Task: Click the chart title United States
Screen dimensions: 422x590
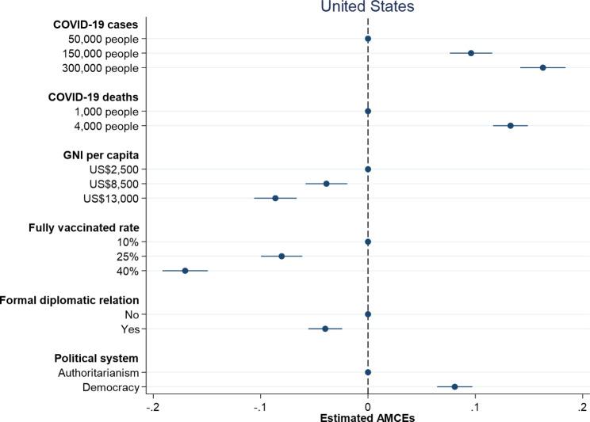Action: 367,7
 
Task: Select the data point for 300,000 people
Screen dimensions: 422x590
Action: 542,67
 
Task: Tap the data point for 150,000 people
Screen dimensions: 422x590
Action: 471,53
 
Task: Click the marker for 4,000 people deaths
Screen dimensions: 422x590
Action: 510,126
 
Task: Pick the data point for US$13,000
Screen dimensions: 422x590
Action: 275,198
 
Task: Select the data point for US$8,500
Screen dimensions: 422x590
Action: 326,184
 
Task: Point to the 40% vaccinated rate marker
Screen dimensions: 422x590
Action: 185,271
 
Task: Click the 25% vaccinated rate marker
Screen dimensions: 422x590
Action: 282,256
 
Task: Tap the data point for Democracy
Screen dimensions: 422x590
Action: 454,386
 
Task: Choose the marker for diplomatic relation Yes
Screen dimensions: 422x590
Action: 325,329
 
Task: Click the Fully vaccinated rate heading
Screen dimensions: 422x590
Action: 83,227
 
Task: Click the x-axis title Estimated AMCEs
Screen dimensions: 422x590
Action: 367,416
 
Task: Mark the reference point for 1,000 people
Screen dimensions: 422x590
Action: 368,112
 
